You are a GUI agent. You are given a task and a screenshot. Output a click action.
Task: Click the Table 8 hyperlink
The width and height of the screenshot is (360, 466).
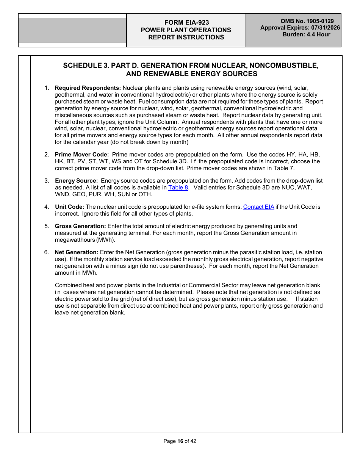point(178,188)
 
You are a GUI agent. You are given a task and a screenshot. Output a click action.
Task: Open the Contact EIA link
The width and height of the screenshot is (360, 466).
point(258,207)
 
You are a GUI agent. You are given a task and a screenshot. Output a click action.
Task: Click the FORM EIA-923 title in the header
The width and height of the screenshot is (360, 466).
point(186,23)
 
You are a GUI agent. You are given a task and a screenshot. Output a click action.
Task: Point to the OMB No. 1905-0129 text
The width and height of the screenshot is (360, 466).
point(307,21)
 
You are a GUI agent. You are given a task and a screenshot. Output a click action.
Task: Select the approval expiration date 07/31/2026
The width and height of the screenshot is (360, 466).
point(326,28)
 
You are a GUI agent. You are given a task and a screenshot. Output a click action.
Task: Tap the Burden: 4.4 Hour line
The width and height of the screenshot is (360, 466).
point(306,34)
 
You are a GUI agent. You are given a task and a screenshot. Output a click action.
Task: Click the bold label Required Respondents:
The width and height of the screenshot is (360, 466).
point(88,88)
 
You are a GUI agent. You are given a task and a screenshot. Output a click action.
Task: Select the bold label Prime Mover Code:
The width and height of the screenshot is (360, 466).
point(82,155)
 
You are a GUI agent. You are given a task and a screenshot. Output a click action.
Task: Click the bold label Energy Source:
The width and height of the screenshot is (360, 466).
point(76,181)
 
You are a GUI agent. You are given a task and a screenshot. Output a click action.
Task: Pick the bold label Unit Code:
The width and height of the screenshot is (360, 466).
point(69,207)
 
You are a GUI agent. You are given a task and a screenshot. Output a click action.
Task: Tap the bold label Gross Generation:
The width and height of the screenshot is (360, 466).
point(80,226)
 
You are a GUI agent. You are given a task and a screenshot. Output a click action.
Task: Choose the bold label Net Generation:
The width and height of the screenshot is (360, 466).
point(77,252)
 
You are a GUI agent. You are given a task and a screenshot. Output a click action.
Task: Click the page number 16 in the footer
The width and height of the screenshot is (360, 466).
point(180,441)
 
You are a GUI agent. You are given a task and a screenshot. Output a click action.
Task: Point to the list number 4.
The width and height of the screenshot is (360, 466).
point(46,207)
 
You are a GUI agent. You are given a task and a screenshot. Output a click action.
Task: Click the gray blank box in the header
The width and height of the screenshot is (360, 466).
point(72,30)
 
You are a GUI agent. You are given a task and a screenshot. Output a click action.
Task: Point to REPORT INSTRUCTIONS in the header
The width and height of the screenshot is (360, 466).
point(186,37)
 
